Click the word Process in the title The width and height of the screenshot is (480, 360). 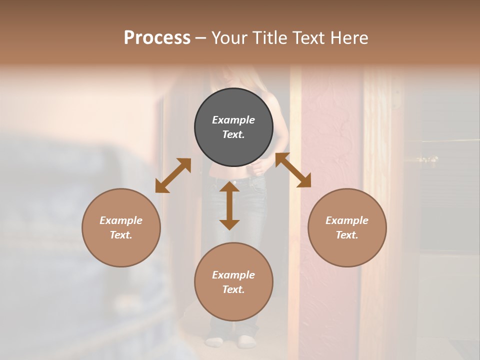pos(157,38)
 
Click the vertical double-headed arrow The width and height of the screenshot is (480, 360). pos(229,205)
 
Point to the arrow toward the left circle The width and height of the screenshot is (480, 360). pos(173,175)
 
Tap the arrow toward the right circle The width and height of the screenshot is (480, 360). pos(293,170)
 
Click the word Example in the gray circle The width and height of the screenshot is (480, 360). pos(233,120)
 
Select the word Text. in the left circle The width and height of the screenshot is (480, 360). pos(121,235)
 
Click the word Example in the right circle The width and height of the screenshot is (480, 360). pos(347,220)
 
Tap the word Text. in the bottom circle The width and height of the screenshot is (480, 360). pos(233,289)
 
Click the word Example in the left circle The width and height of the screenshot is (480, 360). pos(121,220)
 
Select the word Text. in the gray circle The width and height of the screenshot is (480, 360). pos(233,134)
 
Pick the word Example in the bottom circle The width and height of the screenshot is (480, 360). pos(233,275)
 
